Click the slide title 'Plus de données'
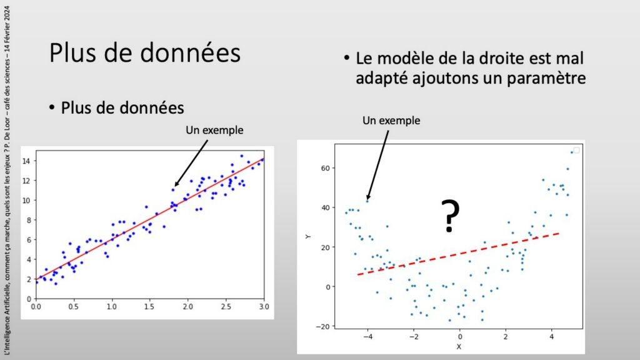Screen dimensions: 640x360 (x=145, y=53)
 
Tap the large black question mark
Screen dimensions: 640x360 (x=450, y=216)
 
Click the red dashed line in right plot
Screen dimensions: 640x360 (x=458, y=254)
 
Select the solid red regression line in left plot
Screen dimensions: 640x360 (x=150, y=219)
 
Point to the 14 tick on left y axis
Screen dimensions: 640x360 (x=26, y=161)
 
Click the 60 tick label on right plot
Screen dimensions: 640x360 (x=325, y=168)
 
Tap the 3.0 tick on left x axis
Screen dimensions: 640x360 (x=264, y=306)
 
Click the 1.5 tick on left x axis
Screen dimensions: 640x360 (x=149, y=306)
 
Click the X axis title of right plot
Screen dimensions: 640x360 (x=459, y=347)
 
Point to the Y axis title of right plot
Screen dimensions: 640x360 (x=308, y=237)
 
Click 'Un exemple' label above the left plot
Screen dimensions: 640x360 (x=215, y=130)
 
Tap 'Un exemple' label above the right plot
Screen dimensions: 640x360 (x=391, y=121)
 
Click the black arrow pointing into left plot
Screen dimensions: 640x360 (x=191, y=163)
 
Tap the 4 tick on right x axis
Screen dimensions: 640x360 (x=551, y=337)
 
